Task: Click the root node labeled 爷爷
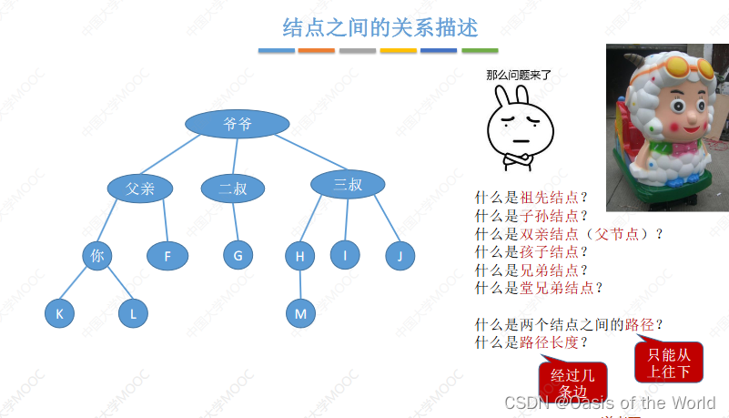[x=238, y=123]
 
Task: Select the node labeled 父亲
[x=140, y=189]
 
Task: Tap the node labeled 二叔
[x=233, y=189]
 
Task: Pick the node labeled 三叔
[x=348, y=185]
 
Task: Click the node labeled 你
[x=96, y=256]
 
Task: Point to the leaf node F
[x=167, y=256]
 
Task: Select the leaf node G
[x=238, y=256]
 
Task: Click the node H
[x=299, y=256]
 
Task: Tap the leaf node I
[x=345, y=256]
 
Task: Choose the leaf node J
[x=399, y=256]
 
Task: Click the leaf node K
[x=59, y=314]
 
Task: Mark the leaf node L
[x=133, y=314]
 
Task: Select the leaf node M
[x=300, y=314]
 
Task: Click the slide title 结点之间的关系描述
[x=380, y=26]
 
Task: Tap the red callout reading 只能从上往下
[x=669, y=362]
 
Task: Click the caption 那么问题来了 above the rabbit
[x=519, y=76]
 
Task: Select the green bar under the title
[x=480, y=50]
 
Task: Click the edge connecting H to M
[x=300, y=285]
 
